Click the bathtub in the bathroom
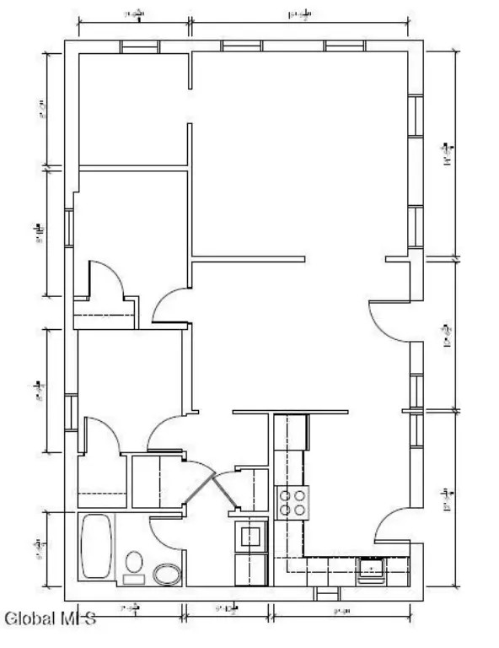click(x=97, y=546)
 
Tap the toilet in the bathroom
click(x=134, y=565)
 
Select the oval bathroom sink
click(x=168, y=575)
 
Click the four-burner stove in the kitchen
click(x=291, y=503)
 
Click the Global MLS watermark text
click(x=51, y=620)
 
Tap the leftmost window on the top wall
click(x=139, y=46)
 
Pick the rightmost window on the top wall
click(x=344, y=46)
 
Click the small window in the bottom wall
click(x=325, y=593)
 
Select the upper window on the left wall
click(x=69, y=228)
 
